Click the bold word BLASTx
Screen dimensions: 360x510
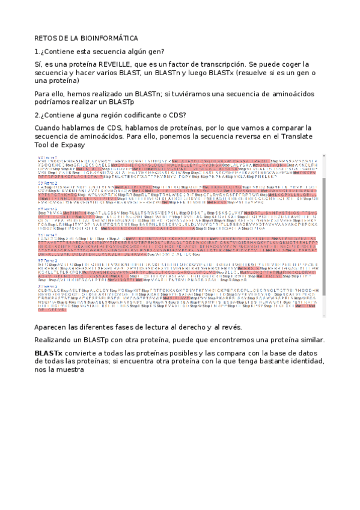(x=49, y=351)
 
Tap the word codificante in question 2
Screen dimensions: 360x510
(x=142, y=115)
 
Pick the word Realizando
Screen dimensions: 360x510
(x=55, y=340)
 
